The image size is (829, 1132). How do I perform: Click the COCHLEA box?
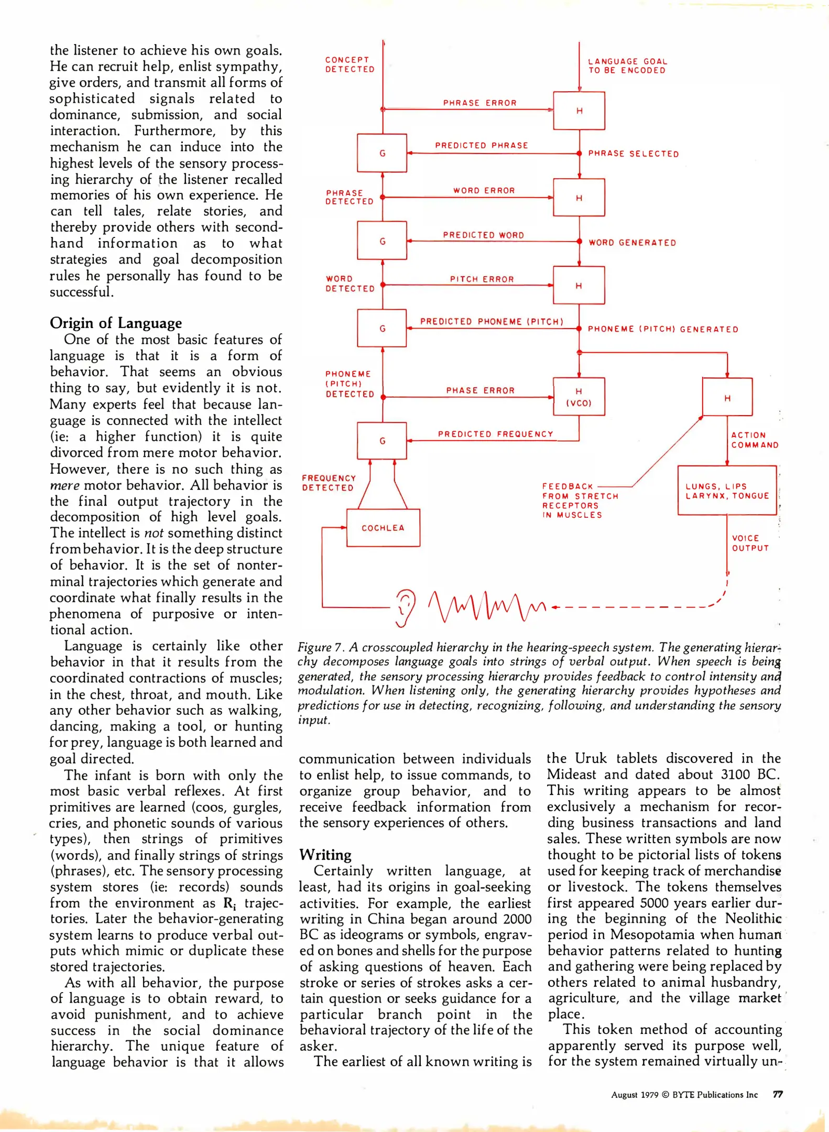coord(383,528)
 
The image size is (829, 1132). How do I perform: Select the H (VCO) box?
coord(579,397)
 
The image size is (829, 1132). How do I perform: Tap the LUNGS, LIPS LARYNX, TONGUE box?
coord(726,491)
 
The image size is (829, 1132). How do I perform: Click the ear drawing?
coord(405,608)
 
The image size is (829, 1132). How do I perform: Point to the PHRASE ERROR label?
coord(479,103)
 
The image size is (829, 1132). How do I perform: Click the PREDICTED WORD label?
coord(483,235)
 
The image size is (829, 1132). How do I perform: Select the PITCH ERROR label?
coord(482,279)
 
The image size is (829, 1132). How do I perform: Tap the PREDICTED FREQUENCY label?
coord(495,434)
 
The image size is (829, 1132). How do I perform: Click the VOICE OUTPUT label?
coord(750,543)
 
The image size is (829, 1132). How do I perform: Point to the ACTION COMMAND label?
coord(754,440)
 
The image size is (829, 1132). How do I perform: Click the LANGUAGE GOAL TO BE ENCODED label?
coord(627,66)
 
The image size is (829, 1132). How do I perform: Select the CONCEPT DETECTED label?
coord(350,64)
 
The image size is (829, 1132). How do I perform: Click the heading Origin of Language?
coord(116,323)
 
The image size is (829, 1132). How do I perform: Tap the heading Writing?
coord(325,855)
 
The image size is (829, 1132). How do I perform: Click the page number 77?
coord(778,1094)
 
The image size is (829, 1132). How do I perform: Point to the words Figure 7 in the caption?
coord(319,647)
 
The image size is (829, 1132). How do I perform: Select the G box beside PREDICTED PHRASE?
coord(382,153)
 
